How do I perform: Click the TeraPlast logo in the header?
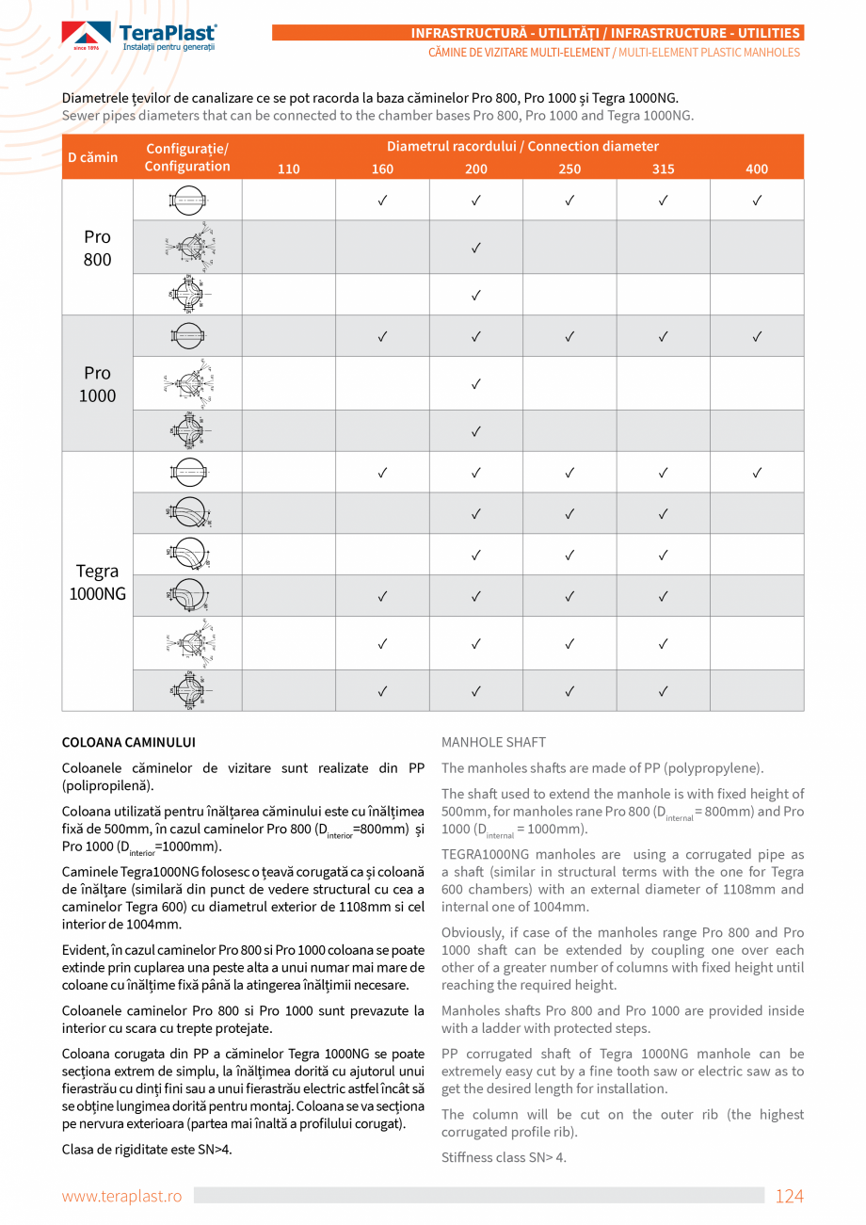click(139, 37)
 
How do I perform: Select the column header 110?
click(289, 169)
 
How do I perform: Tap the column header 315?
click(663, 169)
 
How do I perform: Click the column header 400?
click(757, 169)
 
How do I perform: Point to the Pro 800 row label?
click(97, 248)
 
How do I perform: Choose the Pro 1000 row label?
click(97, 383)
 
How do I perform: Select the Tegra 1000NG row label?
click(97, 582)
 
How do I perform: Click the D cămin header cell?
click(93, 157)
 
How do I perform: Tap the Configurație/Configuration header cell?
click(187, 157)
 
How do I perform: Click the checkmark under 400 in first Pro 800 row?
click(757, 201)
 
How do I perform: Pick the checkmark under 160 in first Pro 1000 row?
click(382, 336)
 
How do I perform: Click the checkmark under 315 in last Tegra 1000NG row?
click(663, 691)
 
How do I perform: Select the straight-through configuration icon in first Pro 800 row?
click(187, 201)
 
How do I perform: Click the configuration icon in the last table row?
click(187, 691)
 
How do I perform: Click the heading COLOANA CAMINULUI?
click(129, 743)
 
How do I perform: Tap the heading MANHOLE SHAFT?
click(493, 743)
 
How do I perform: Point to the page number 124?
click(789, 1196)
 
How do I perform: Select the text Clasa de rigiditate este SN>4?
click(147, 1150)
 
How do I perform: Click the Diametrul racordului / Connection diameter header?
click(522, 146)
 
